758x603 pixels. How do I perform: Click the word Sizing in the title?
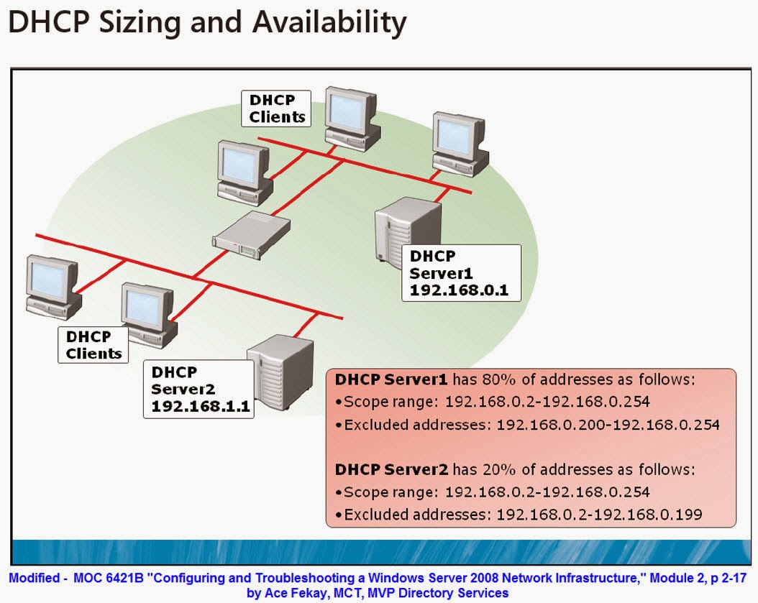point(140,23)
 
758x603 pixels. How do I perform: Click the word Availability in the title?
point(329,23)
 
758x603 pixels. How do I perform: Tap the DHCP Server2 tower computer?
point(281,372)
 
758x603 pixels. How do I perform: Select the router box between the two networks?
point(252,235)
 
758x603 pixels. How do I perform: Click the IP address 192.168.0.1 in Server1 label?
point(459,290)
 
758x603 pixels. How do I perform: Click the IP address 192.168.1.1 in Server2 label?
point(201,406)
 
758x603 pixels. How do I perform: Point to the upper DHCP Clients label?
point(276,109)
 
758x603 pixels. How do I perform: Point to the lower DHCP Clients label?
point(93,345)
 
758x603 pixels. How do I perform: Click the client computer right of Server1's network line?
point(460,144)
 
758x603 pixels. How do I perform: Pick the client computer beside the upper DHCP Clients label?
point(352,119)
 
